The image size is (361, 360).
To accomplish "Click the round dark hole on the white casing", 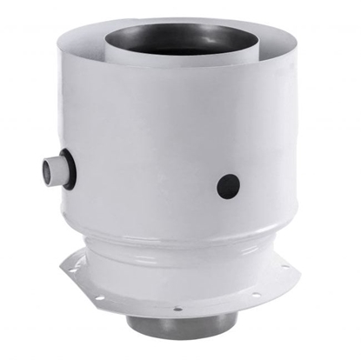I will [x=229, y=183].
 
